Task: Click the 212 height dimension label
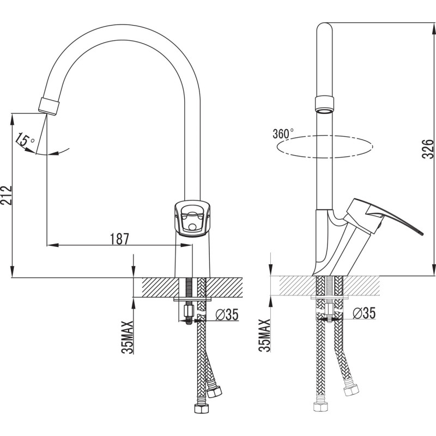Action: [x=6, y=195]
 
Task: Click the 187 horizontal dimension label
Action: [x=120, y=239]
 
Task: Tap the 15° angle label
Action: [x=25, y=140]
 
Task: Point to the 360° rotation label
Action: [x=283, y=134]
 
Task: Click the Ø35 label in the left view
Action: [x=227, y=314]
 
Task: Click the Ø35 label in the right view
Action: [x=364, y=313]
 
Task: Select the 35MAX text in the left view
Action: [x=128, y=337]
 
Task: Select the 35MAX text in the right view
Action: [x=264, y=335]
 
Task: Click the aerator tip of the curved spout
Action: [x=49, y=106]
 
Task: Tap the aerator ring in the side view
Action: [x=324, y=104]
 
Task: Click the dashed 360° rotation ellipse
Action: [x=325, y=147]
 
